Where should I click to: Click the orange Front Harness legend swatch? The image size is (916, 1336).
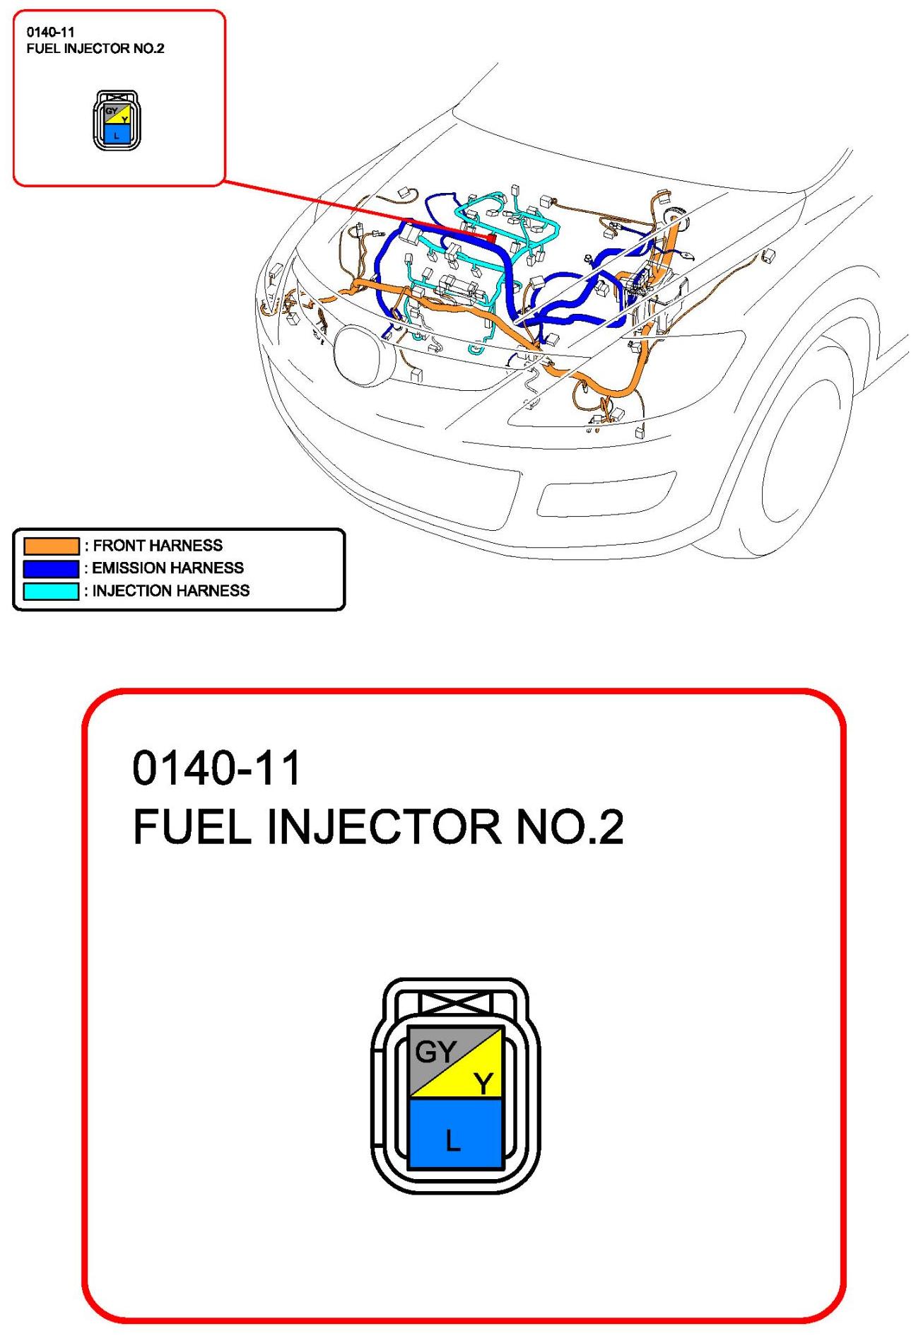coord(51,546)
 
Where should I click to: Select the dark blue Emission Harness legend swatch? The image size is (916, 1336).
coord(51,568)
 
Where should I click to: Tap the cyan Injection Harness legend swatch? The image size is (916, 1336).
coord(51,591)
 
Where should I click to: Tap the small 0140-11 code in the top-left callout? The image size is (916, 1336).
coord(50,32)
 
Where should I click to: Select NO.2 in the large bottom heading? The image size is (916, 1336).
coord(570,826)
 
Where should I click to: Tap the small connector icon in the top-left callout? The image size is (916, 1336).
coord(117,120)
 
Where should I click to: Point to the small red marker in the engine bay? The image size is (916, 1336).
coord(491,238)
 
